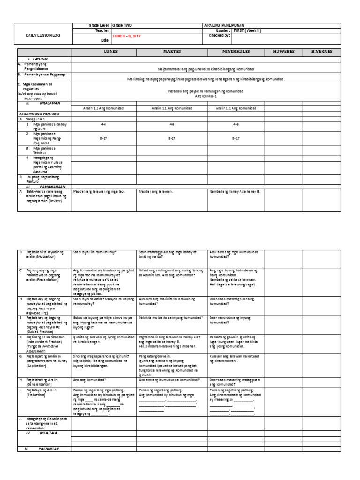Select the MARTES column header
169,52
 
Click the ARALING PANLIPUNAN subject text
223,25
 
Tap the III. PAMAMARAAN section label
42,186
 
